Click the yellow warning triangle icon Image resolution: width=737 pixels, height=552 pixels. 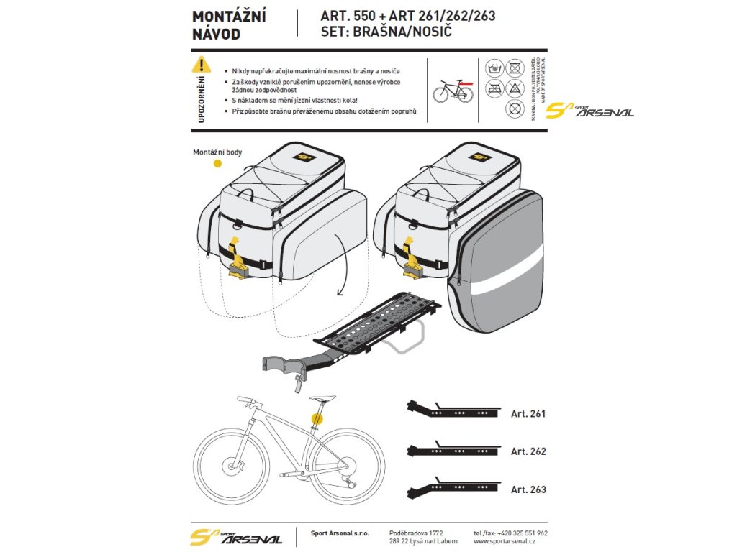point(202,65)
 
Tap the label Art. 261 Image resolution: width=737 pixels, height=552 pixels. point(528,414)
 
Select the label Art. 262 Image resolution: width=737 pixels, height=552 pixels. point(528,451)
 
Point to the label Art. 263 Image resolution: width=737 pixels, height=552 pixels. point(528,489)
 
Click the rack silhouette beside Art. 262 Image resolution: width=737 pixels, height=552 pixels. point(453,450)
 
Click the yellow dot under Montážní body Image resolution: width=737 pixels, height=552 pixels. point(217,165)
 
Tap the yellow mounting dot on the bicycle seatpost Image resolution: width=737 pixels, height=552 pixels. point(317,417)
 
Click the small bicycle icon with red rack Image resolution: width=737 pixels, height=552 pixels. point(453,91)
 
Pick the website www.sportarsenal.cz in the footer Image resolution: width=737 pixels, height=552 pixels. point(510,541)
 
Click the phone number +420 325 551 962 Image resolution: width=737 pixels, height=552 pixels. point(510,533)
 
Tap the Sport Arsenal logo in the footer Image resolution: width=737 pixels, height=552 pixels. point(235,537)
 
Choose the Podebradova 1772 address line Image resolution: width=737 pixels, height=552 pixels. point(420,533)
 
